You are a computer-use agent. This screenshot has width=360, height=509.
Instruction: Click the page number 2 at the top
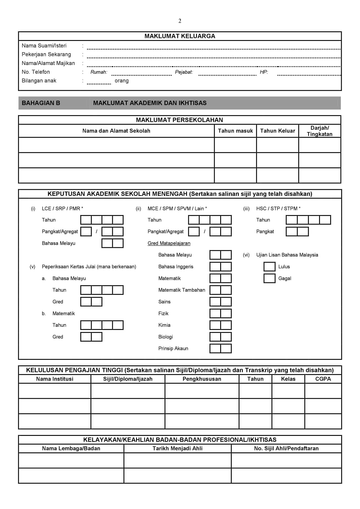(180, 21)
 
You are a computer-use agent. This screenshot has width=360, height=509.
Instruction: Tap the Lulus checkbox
(269, 267)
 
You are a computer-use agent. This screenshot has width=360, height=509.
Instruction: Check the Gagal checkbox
(269, 278)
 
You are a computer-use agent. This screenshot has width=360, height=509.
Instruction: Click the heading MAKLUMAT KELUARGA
(180, 36)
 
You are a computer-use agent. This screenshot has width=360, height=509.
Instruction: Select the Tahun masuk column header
(235, 131)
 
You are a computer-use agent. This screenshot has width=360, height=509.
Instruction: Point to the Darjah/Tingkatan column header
(320, 131)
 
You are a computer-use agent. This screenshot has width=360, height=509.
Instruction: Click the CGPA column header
(323, 379)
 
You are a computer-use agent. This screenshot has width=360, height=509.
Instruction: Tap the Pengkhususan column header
(202, 379)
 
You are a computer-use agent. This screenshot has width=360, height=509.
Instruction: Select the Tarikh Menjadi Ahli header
(178, 448)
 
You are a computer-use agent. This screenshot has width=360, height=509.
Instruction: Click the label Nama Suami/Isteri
(44, 46)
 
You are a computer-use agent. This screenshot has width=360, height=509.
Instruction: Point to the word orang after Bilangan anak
(122, 81)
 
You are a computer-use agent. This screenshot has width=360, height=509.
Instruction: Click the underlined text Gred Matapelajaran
(169, 243)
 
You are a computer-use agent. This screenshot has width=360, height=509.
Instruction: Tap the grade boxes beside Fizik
(220, 313)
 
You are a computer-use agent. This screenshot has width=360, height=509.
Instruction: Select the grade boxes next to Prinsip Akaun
(220, 349)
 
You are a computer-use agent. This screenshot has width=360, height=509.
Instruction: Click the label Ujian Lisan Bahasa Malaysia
(287, 255)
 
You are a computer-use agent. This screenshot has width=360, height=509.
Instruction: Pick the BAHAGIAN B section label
(41, 103)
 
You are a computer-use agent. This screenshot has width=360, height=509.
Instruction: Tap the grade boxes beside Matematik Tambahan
(220, 290)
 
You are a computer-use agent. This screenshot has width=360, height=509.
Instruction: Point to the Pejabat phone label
(184, 72)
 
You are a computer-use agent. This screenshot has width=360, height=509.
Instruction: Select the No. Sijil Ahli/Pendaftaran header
(286, 448)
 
